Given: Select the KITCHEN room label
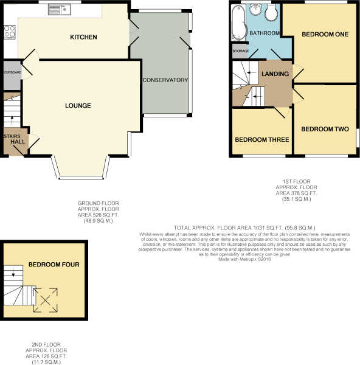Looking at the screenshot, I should pyautogui.click(x=83, y=37).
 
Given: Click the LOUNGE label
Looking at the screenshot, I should pyautogui.click(x=78, y=106).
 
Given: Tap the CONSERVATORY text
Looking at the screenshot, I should pyautogui.click(x=165, y=80).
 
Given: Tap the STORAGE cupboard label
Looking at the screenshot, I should pyautogui.click(x=240, y=51).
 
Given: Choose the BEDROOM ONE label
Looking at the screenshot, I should pyautogui.click(x=325, y=34).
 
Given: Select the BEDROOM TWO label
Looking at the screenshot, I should pyautogui.click(x=324, y=129).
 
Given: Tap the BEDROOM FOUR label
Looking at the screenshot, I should pyautogui.click(x=54, y=265).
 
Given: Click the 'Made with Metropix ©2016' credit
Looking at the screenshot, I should pyautogui.click(x=243, y=259).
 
